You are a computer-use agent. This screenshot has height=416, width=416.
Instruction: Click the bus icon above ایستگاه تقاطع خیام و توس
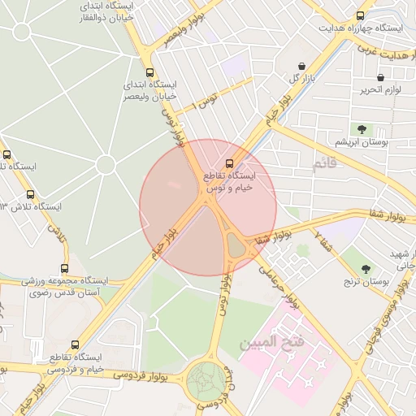(230, 162)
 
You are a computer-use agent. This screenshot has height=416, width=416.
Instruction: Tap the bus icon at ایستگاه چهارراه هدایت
(360, 15)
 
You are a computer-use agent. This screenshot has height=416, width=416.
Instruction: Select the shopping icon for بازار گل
(302, 66)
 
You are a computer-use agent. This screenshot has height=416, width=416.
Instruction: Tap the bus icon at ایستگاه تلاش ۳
(31, 194)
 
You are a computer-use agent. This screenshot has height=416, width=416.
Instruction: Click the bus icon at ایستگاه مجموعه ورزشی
(65, 269)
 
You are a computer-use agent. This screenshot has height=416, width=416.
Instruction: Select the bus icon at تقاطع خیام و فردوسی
(76, 344)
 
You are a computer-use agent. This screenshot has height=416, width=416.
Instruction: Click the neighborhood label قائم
(323, 165)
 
